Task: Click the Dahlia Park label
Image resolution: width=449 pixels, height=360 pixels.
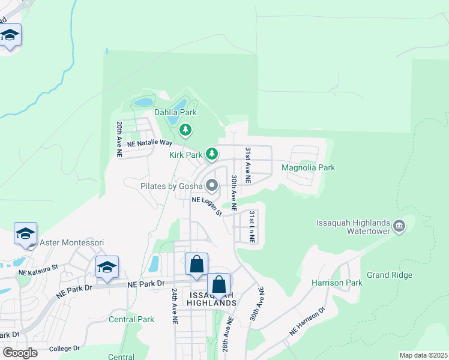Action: tap(175, 112)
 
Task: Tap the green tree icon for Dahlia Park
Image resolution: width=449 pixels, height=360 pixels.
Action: tap(185, 129)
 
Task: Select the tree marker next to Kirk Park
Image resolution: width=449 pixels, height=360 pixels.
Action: tap(211, 154)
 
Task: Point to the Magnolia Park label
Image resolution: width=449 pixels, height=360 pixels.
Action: tap(308, 168)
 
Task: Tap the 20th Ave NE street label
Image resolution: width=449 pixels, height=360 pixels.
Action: tap(119, 139)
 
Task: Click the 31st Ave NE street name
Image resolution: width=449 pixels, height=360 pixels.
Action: tap(247, 165)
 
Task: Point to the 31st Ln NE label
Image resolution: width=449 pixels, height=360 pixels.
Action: tap(252, 227)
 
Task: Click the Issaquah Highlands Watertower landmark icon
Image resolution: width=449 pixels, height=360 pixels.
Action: tap(400, 226)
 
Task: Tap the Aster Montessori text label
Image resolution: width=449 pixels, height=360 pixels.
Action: tap(71, 242)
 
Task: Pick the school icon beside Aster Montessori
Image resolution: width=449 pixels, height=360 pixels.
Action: tap(26, 233)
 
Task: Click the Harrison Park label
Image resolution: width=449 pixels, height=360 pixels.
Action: tap(337, 282)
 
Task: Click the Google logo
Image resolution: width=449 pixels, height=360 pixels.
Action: tap(20, 353)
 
